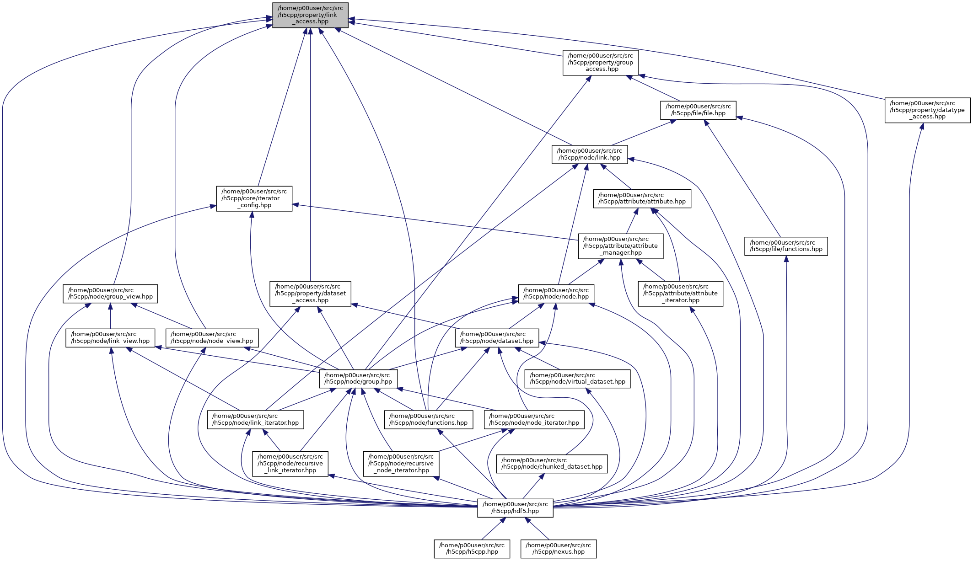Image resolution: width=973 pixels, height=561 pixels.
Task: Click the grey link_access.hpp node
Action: pyautogui.click(x=310, y=15)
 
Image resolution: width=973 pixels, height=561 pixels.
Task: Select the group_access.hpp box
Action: pyautogui.click(x=600, y=63)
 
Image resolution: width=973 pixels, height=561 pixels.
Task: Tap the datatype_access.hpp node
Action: pyautogui.click(x=927, y=110)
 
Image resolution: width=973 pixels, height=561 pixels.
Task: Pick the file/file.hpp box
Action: pyautogui.click(x=698, y=110)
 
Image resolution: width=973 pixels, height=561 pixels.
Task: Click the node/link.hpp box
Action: pyautogui.click(x=590, y=154)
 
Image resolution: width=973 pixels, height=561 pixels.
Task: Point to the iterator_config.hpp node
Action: pyautogui.click(x=254, y=198)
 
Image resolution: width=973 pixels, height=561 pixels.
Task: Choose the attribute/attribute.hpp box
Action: pyautogui.click(x=642, y=198)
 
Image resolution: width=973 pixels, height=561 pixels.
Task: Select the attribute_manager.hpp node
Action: pyautogui.click(x=620, y=246)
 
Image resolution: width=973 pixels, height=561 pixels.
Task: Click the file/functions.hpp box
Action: pyautogui.click(x=786, y=246)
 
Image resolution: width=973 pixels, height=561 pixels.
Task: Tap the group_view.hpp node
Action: pyautogui.click(x=110, y=294)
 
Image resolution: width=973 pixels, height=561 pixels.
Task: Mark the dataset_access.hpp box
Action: pyautogui.click(x=310, y=294)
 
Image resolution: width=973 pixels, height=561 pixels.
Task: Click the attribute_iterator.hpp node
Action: pyautogui.click(x=680, y=294)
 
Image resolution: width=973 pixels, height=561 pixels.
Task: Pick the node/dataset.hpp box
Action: pyautogui.click(x=497, y=337)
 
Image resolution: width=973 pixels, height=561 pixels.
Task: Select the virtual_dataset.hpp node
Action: pyautogui.click(x=577, y=379)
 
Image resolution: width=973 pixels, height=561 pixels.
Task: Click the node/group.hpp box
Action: pyautogui.click(x=358, y=379)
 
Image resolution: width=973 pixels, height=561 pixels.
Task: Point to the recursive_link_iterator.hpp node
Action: pyautogui.click(x=290, y=463)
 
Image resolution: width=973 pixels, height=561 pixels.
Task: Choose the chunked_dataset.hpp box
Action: pyautogui.click(x=552, y=464)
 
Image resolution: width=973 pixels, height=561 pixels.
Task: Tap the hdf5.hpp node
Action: pyautogui.click(x=515, y=508)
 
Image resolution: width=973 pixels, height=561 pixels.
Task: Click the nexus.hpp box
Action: pyautogui.click(x=558, y=549)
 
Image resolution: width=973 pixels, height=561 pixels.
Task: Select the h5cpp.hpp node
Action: pyautogui.click(x=472, y=549)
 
